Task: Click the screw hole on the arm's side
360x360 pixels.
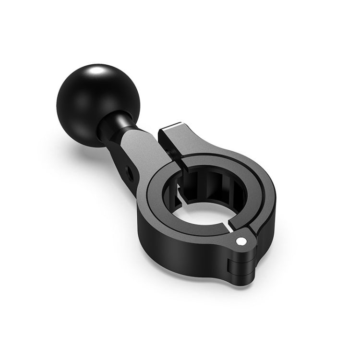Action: pos(128,169)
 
